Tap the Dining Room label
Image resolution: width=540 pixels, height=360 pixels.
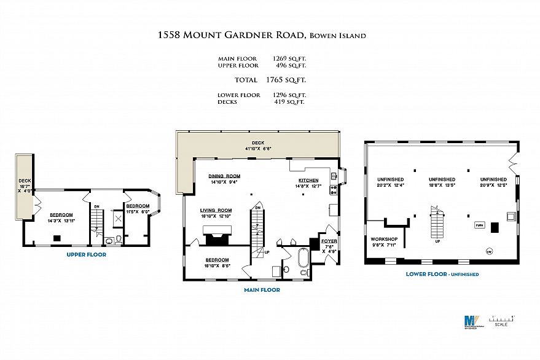224,176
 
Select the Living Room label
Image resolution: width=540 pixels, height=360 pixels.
215,209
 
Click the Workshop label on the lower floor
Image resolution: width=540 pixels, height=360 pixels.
384,238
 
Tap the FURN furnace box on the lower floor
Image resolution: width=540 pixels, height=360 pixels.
479,225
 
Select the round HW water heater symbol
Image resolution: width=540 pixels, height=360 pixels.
489,250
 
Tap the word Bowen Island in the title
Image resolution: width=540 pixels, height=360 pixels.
339,36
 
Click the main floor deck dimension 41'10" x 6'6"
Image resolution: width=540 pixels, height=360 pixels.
258,148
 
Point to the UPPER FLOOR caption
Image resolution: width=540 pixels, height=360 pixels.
87,254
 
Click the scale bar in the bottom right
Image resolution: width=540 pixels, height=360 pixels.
501,319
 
